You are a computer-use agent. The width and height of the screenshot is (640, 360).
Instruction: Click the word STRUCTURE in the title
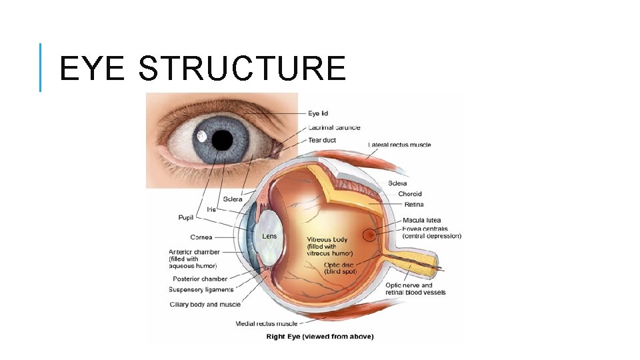point(243,69)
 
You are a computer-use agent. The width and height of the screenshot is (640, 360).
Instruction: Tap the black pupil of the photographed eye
point(222,140)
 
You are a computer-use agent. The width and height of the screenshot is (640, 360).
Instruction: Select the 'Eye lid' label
point(318,113)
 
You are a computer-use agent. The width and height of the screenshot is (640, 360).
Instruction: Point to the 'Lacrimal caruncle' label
point(334,127)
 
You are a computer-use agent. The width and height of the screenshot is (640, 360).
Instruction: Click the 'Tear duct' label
point(322,140)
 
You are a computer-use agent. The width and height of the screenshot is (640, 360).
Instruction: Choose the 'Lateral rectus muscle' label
point(399,145)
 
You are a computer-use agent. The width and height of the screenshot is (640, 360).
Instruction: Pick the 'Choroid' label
point(410,194)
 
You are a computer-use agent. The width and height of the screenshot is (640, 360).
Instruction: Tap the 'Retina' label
point(413,205)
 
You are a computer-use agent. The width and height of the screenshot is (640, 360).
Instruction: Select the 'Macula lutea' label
point(421,220)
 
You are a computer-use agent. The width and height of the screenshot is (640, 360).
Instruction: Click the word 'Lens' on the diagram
point(269,236)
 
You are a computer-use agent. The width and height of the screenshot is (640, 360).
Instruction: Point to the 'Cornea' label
point(201,237)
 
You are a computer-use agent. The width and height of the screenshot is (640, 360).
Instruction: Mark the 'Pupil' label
point(186,217)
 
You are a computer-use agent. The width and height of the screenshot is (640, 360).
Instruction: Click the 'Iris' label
point(212,209)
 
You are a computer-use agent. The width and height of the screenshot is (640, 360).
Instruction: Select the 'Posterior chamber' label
point(200,279)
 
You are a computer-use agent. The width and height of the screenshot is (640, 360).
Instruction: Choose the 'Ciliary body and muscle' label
point(205,304)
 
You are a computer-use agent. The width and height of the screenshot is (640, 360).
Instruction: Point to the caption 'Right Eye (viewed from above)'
point(320,336)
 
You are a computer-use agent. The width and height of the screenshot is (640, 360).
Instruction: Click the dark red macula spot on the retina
point(369,235)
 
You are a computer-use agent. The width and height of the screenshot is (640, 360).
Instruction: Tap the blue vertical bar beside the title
point(41,67)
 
